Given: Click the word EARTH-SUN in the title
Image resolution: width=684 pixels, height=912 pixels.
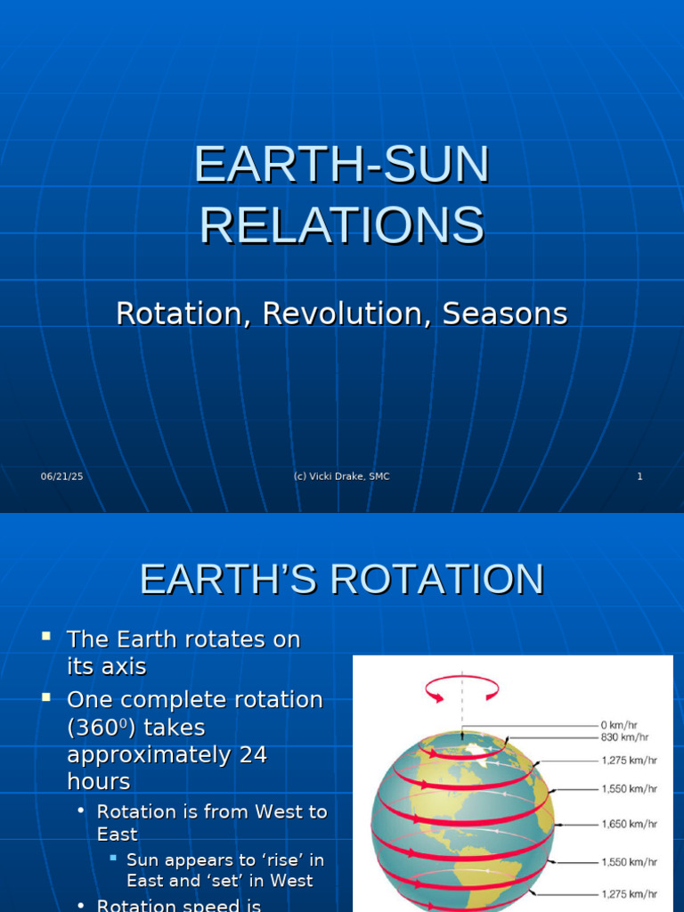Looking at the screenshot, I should pos(342,166).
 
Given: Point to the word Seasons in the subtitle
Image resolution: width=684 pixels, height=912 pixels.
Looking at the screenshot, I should pos(505,313).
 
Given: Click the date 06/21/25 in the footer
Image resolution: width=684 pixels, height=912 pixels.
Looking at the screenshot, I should pos(61,476).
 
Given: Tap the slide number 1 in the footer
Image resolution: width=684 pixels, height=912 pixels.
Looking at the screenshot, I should pos(639,476).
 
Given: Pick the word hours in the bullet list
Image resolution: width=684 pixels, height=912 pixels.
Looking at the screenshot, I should pos(98,781).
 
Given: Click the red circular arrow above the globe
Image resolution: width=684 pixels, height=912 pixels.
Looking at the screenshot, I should pos(461,688).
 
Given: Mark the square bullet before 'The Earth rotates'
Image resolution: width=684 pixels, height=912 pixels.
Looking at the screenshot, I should pos(47,637).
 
